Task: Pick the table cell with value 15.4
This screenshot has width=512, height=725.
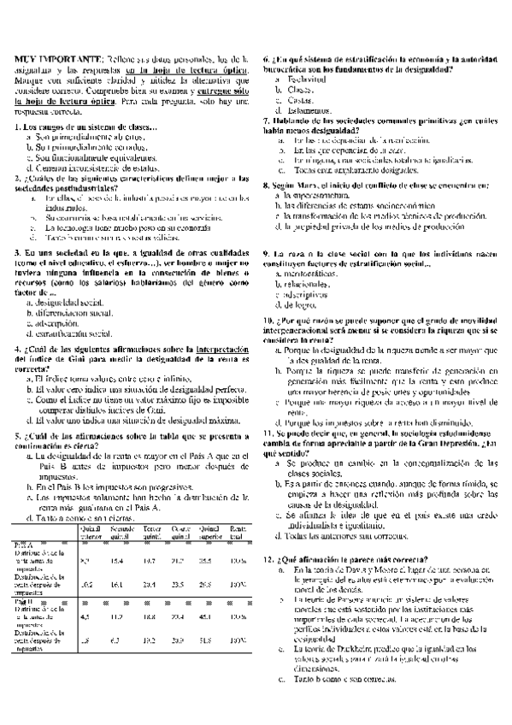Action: pyautogui.click(x=117, y=560)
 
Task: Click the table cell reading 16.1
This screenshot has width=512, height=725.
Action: pyautogui.click(x=117, y=584)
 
